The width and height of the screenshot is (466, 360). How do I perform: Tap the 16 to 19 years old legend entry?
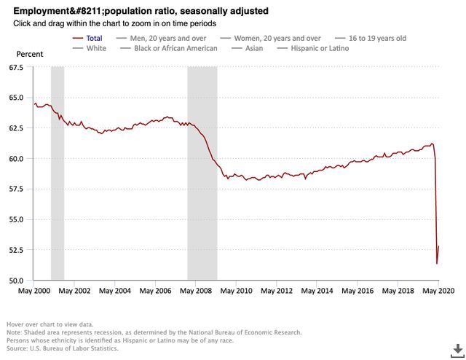(372, 36)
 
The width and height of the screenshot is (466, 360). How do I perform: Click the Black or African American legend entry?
(175, 48)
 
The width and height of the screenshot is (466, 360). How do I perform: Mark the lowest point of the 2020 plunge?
(437, 263)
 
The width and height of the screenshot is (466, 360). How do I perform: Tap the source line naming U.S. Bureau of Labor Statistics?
(53, 348)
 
